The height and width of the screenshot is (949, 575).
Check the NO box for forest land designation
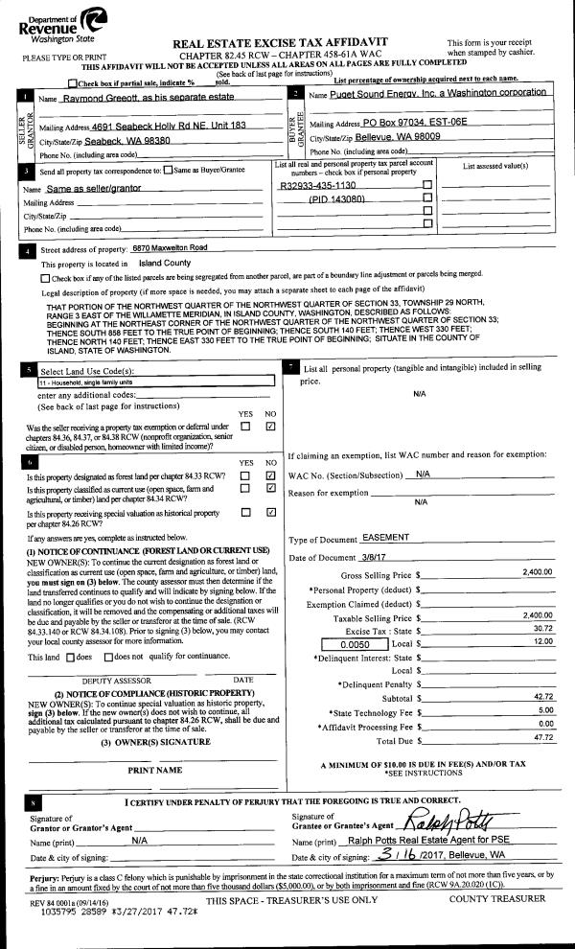[x=270, y=475]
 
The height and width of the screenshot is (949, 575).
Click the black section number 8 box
[x=34, y=801]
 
